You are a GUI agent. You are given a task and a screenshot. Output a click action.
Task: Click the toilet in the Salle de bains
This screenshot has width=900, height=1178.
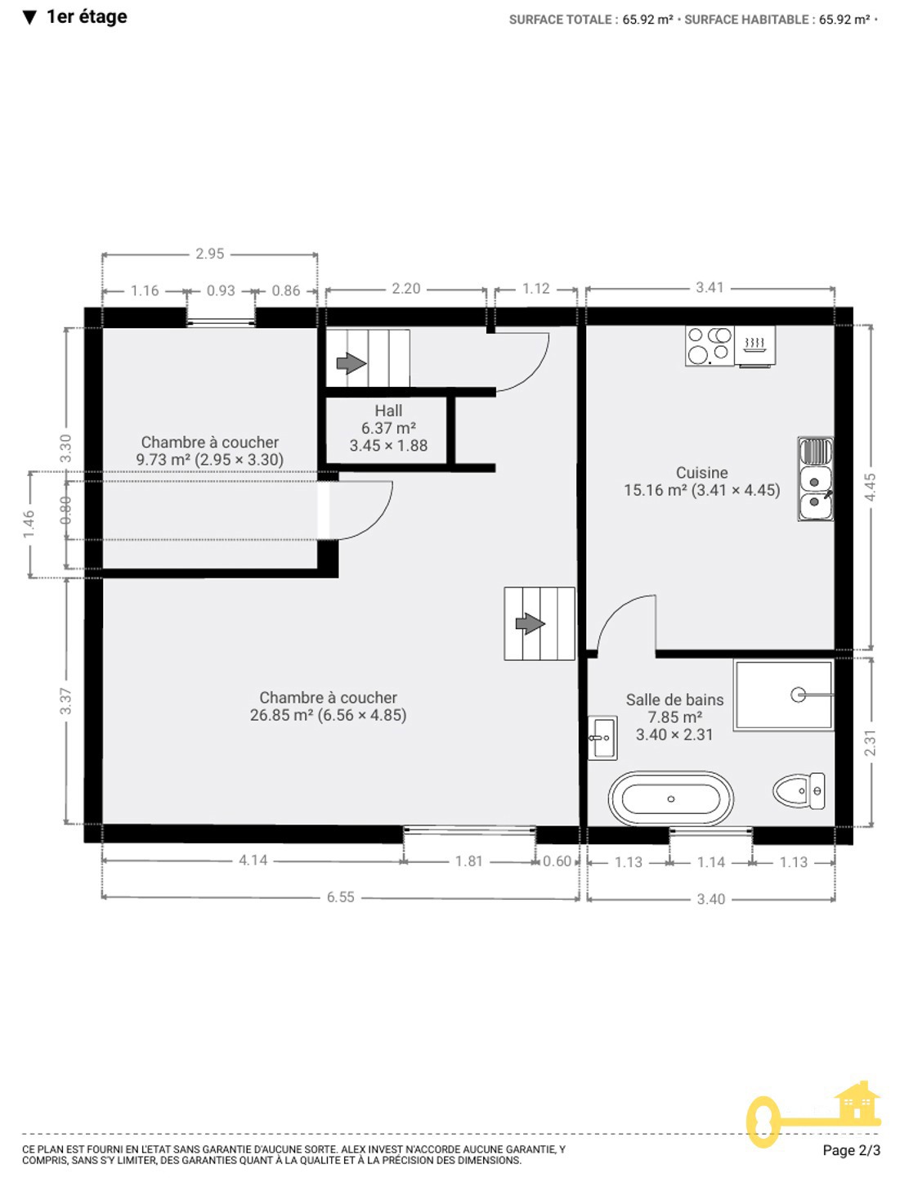[x=799, y=791]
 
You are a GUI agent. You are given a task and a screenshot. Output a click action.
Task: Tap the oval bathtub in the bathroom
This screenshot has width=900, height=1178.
[x=670, y=798]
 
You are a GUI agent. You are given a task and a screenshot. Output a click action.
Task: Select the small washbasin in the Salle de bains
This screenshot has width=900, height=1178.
[x=602, y=738]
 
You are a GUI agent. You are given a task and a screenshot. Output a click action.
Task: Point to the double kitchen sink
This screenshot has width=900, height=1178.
[x=815, y=479]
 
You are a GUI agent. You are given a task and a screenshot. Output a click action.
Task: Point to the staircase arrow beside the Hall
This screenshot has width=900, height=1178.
[x=351, y=363]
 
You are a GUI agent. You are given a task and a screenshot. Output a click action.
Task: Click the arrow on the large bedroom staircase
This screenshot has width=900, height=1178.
[x=531, y=623]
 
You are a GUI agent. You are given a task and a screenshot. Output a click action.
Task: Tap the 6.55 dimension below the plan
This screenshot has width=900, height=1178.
[x=340, y=897]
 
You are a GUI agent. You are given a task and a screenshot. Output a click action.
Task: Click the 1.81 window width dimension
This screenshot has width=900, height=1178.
[x=469, y=861]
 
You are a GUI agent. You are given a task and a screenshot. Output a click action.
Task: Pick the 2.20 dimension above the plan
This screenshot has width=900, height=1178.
[x=405, y=289]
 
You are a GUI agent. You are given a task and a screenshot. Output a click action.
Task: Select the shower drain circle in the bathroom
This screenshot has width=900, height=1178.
[x=798, y=695]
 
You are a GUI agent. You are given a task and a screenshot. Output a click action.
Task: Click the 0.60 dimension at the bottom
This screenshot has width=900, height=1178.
[x=557, y=861]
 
